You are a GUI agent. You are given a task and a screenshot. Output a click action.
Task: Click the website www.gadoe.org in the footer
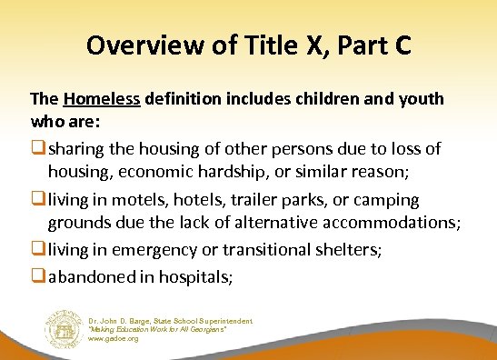(x=114, y=338)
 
